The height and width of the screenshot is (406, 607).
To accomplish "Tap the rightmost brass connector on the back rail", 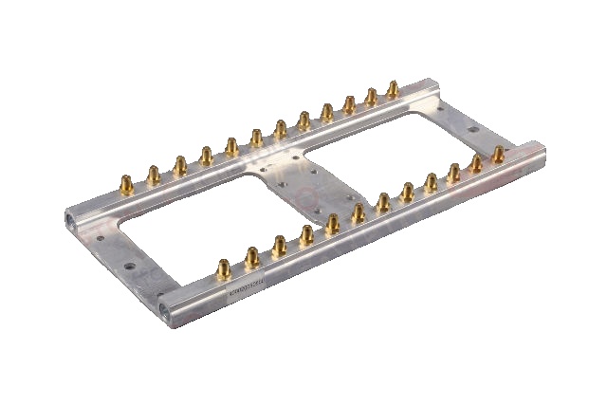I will (x=393, y=90).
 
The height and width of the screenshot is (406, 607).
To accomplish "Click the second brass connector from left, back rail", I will (x=153, y=174).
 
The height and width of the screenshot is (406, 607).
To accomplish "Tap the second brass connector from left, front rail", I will (x=252, y=257).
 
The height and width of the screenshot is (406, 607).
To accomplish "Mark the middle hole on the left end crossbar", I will (x=126, y=268).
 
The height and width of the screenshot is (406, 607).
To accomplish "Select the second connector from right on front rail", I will (x=476, y=164).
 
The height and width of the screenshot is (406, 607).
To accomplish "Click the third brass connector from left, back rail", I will (x=179, y=165).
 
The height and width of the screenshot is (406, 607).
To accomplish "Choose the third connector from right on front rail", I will (x=454, y=172).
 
